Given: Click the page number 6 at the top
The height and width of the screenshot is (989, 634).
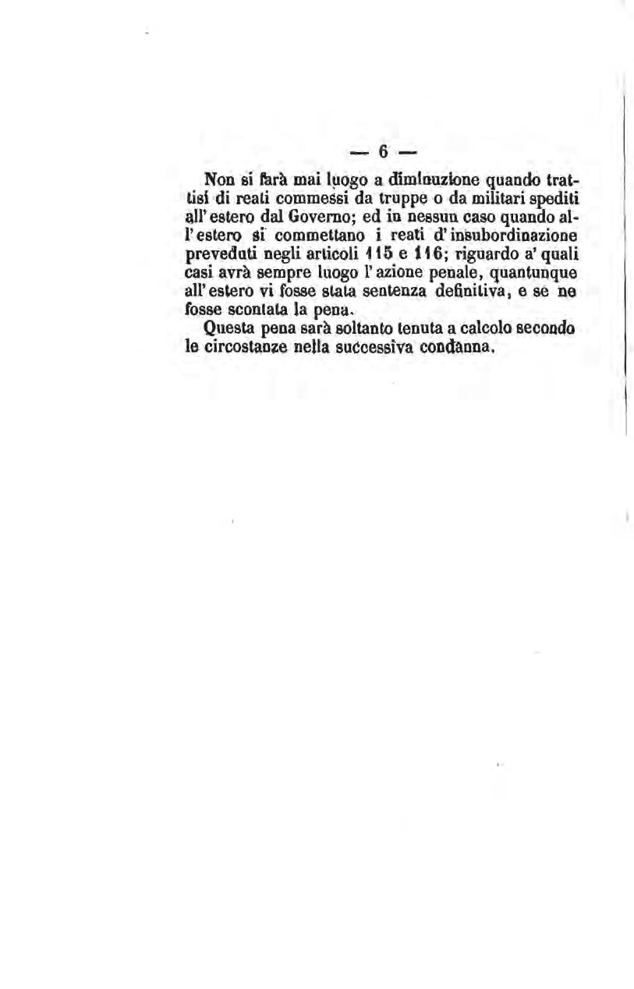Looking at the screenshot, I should (x=384, y=151).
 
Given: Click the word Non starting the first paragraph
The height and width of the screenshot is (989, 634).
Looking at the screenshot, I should (x=218, y=180).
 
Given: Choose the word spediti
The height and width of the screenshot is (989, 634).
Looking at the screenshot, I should (x=556, y=199).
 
